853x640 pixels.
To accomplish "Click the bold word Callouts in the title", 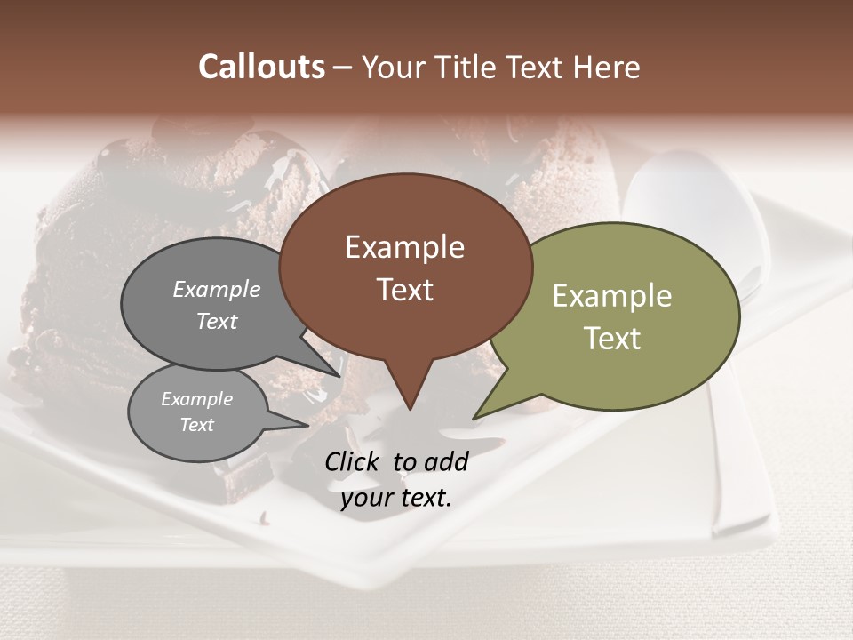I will pyautogui.click(x=261, y=67).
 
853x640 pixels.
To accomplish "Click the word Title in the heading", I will pyautogui.click(x=471, y=67).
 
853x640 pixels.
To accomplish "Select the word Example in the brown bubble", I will pyautogui.click(x=404, y=247).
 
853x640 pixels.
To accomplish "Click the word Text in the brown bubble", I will pyautogui.click(x=404, y=290).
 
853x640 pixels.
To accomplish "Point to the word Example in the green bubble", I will pyautogui.click(x=611, y=296).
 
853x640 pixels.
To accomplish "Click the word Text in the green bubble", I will pyautogui.click(x=611, y=339).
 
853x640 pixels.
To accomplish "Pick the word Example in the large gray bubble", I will pyautogui.click(x=216, y=290).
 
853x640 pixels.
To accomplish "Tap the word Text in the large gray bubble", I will pyautogui.click(x=216, y=321).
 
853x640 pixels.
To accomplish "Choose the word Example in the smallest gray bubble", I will pyautogui.click(x=196, y=399).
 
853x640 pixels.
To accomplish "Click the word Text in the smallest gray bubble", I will pyautogui.click(x=196, y=425).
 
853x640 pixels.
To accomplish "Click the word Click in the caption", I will pyautogui.click(x=351, y=461).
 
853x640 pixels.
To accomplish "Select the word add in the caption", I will pyautogui.click(x=446, y=461).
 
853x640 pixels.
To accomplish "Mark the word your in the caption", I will pyautogui.click(x=365, y=498).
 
